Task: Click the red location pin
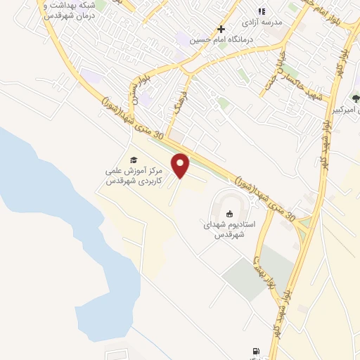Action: [181, 165]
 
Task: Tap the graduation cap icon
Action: [134, 160]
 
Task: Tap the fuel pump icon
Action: [254, 351]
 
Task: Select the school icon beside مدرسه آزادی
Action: [262, 11]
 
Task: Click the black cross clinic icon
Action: [221, 29]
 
